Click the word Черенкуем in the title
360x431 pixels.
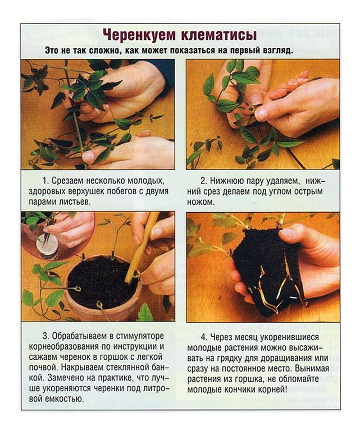tap(140, 35)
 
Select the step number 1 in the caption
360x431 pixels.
tap(45, 181)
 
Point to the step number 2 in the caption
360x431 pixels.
tap(203, 181)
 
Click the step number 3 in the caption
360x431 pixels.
tap(45, 336)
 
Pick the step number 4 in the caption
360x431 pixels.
tap(204, 337)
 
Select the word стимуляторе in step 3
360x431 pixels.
tap(140, 336)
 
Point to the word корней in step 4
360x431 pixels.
tap(272, 389)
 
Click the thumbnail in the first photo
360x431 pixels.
tap(89, 157)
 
